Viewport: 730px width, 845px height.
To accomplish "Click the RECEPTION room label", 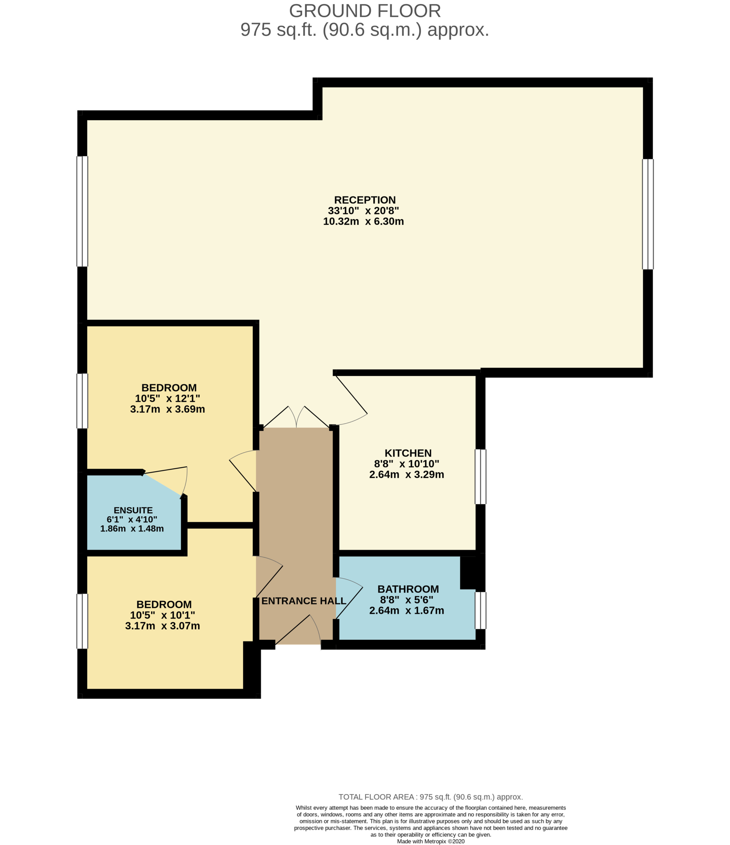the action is [x=365, y=200].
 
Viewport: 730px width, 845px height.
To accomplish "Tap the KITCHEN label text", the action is [x=408, y=453].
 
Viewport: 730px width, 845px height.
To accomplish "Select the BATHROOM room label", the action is [x=408, y=589].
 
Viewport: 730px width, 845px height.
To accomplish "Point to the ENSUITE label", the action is [x=133, y=510].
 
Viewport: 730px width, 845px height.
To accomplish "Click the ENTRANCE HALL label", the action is [x=303, y=601].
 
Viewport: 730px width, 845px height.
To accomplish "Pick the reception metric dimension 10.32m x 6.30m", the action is [x=363, y=221].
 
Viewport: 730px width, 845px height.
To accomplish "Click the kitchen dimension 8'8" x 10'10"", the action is [x=407, y=464].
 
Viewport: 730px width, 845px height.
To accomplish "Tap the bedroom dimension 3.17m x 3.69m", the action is [x=167, y=409].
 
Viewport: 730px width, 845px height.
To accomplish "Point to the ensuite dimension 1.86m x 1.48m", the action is [x=132, y=529].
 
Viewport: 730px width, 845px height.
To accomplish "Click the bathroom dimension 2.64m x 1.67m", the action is [x=407, y=611].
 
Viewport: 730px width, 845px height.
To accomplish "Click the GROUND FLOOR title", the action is [x=365, y=11].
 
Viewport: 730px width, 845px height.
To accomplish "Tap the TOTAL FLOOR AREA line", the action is [x=431, y=797].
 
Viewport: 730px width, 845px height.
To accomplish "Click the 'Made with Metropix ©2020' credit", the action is [x=431, y=841].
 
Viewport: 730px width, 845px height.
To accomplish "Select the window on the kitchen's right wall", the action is [x=481, y=477].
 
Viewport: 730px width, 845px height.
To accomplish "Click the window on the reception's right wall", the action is [x=647, y=214].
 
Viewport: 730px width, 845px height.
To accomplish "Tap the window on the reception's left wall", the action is [x=83, y=211].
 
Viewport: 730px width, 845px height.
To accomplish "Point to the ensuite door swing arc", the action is [x=185, y=482].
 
